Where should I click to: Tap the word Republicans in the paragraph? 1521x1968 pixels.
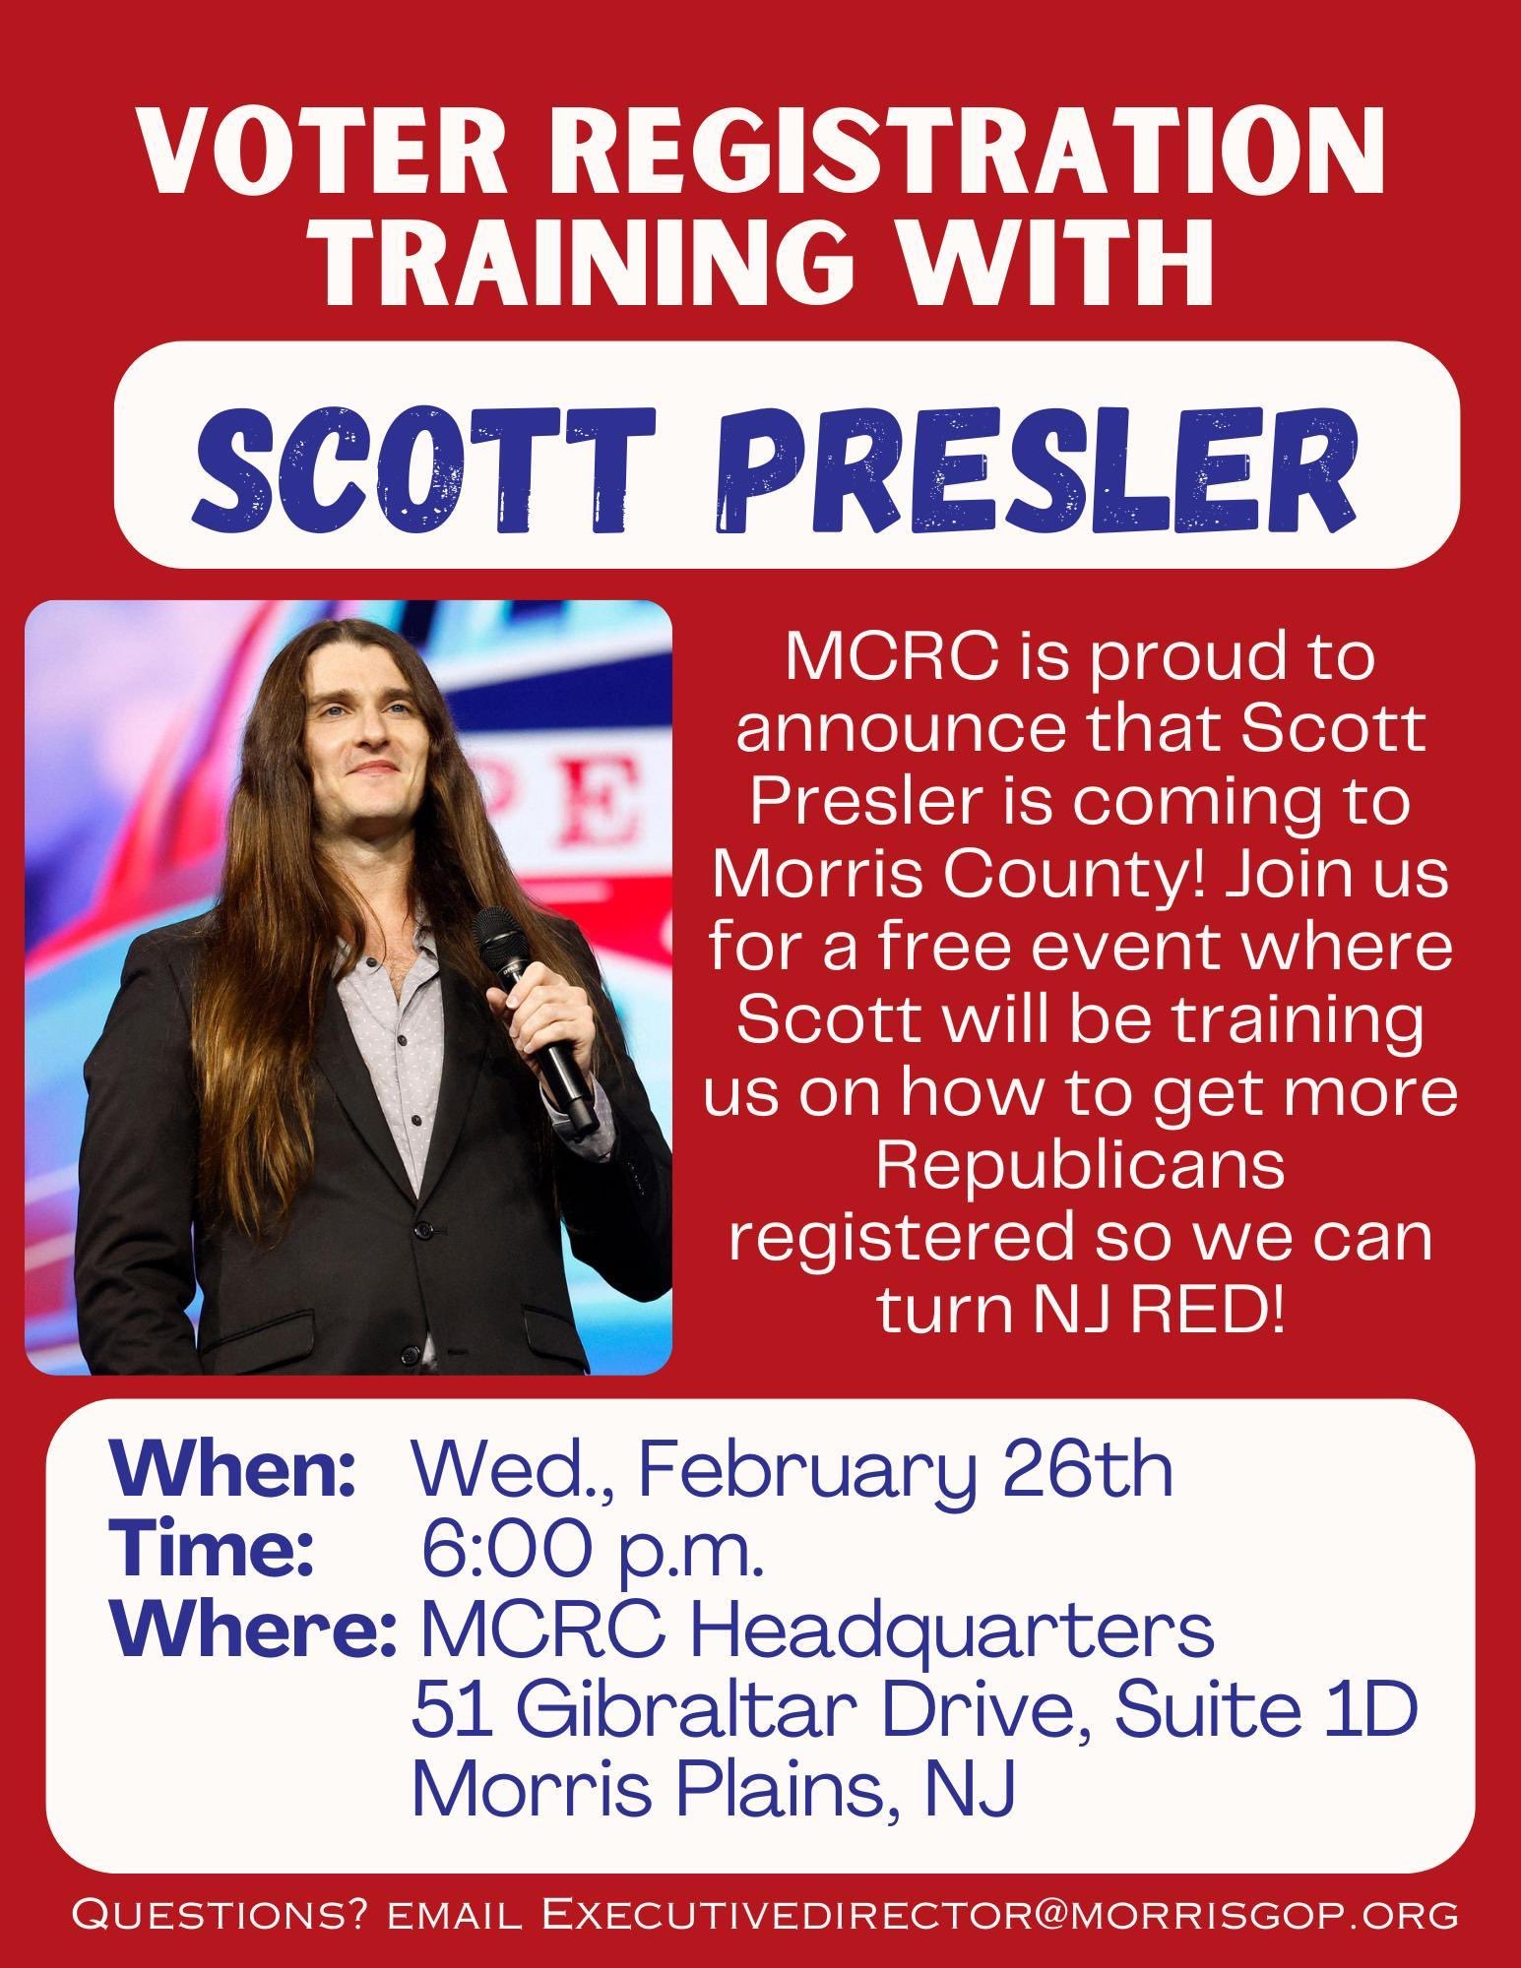[1080, 1165]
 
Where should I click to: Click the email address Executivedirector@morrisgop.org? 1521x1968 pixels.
[1000, 1915]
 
